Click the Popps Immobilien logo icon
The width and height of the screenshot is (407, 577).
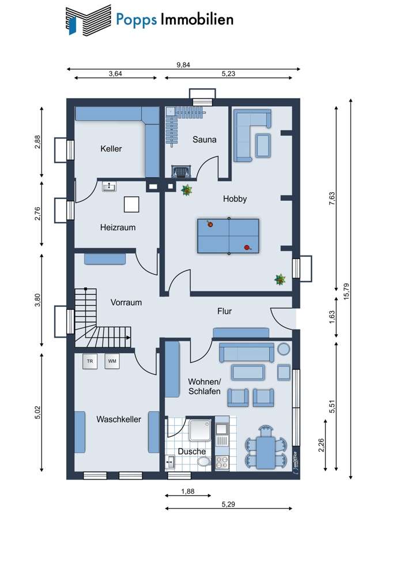[88, 20]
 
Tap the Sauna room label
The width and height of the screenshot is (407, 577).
[204, 139]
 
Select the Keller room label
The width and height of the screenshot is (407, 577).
[111, 148]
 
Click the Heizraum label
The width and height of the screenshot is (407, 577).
[118, 227]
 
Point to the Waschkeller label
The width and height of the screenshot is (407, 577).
[119, 419]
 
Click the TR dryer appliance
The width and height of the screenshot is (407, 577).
[90, 362]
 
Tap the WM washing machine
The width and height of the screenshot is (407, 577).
[112, 362]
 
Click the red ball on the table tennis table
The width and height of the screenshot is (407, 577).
[247, 248]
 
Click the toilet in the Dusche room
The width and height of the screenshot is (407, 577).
[203, 462]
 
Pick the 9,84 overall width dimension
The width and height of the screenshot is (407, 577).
[183, 65]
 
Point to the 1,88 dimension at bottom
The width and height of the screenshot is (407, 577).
[187, 491]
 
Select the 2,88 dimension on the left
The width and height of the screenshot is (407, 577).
[37, 143]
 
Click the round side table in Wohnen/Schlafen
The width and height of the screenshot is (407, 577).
[284, 349]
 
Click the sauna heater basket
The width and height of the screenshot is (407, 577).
[180, 171]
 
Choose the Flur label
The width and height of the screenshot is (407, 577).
[224, 311]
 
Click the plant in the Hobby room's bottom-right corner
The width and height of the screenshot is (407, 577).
[280, 280]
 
